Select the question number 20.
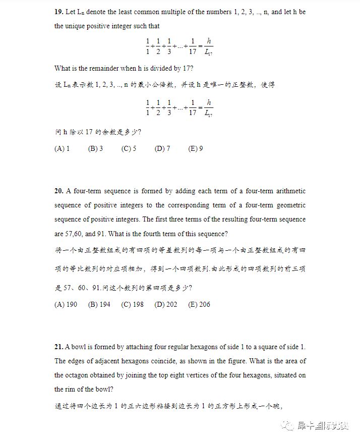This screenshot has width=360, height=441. coord(59,191)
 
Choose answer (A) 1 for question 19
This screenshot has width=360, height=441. coord(62,149)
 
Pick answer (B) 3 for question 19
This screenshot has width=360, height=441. coord(95,149)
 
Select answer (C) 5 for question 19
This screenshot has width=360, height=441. coord(129,149)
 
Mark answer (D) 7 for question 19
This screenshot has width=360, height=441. coord(162,149)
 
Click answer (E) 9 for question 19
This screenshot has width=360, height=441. coord(196,149)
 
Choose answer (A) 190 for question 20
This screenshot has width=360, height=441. coord(66,304)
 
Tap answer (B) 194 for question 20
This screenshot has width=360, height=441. coord(99,304)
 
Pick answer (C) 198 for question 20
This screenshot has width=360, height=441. coord(133,304)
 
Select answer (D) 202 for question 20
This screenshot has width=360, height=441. coord(166,304)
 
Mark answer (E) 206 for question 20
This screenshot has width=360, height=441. coord(199,304)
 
